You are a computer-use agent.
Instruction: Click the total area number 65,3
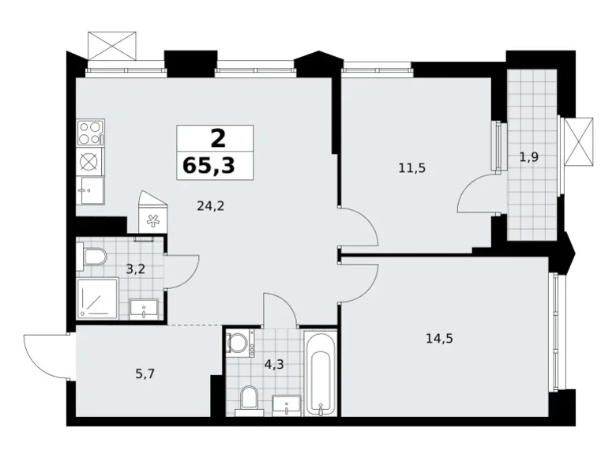[215, 166]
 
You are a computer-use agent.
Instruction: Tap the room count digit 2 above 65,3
[217, 138]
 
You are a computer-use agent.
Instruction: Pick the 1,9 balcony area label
[528, 157]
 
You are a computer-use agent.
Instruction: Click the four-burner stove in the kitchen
[90, 132]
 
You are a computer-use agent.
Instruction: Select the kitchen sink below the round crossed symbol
[91, 190]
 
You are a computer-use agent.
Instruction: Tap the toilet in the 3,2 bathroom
[94, 257]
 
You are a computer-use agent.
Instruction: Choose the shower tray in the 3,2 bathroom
[97, 298]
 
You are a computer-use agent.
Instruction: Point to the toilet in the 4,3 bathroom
[248, 399]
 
